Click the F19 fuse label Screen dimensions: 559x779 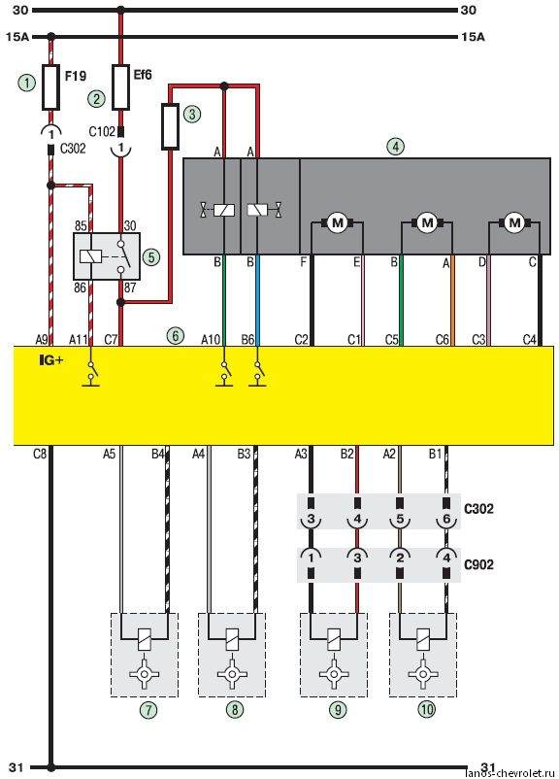pyautogui.click(x=76, y=76)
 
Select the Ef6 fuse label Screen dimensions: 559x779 pyautogui.click(x=142, y=75)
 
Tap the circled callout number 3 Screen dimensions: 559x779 pyautogui.click(x=192, y=115)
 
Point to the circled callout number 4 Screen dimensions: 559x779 pyautogui.click(x=396, y=147)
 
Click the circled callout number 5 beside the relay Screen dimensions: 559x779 pyautogui.click(x=151, y=256)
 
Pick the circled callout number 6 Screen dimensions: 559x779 pyautogui.click(x=176, y=336)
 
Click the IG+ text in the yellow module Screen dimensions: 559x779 pyautogui.click(x=51, y=361)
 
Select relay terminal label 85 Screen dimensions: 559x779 pyautogui.click(x=80, y=226)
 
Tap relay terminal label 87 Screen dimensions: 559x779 pyautogui.click(x=130, y=288)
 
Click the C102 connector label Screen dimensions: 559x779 pyautogui.click(x=102, y=132)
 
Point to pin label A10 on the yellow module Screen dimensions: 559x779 pyautogui.click(x=211, y=340)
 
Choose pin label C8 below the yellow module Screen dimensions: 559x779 pyautogui.click(x=40, y=453)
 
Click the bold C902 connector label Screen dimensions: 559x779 pyautogui.click(x=478, y=565)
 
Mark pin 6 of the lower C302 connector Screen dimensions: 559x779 pyautogui.click(x=446, y=519)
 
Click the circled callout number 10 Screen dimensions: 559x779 pyautogui.click(x=426, y=709)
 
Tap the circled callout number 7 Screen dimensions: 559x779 pyautogui.click(x=148, y=709)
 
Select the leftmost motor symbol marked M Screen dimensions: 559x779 pyautogui.click(x=338, y=223)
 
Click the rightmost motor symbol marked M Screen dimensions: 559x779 pyautogui.click(x=514, y=222)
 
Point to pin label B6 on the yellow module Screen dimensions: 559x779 pyautogui.click(x=247, y=340)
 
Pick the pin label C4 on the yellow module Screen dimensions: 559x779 pyautogui.click(x=530, y=340)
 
